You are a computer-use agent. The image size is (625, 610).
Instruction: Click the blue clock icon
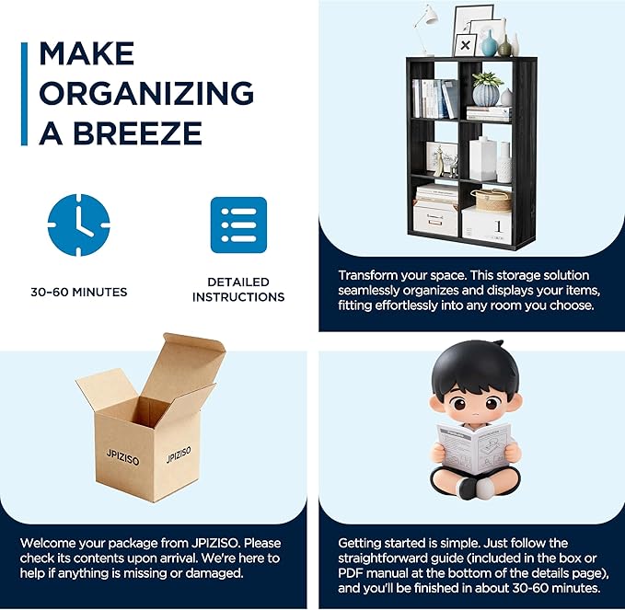point(78,224)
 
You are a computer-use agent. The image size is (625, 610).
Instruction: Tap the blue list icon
point(238,224)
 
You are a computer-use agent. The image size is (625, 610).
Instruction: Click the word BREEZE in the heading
point(137,132)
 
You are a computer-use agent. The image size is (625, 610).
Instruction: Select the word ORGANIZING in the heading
point(146,93)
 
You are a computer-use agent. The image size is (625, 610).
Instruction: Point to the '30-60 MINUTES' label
point(79,292)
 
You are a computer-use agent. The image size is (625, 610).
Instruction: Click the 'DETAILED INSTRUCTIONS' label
point(238,289)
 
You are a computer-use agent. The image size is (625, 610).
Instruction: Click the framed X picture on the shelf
point(465,45)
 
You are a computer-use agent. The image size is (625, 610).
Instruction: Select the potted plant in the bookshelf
point(486,88)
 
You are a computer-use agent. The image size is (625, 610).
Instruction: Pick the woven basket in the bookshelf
point(492,200)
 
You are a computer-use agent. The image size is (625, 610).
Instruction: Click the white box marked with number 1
point(487,225)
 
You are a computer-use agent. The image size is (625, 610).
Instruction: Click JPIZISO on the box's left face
point(122,457)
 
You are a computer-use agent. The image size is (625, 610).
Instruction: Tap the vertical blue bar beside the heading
point(24,94)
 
